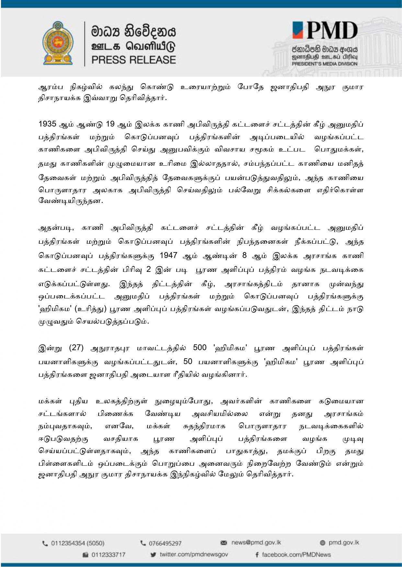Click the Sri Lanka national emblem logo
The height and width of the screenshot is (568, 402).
point(58,43)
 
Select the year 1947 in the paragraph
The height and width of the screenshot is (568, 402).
point(168,255)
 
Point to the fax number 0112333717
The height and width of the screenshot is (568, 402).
point(108,555)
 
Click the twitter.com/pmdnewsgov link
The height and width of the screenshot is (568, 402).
point(194,554)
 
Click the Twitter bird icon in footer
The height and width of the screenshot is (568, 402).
point(153,555)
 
